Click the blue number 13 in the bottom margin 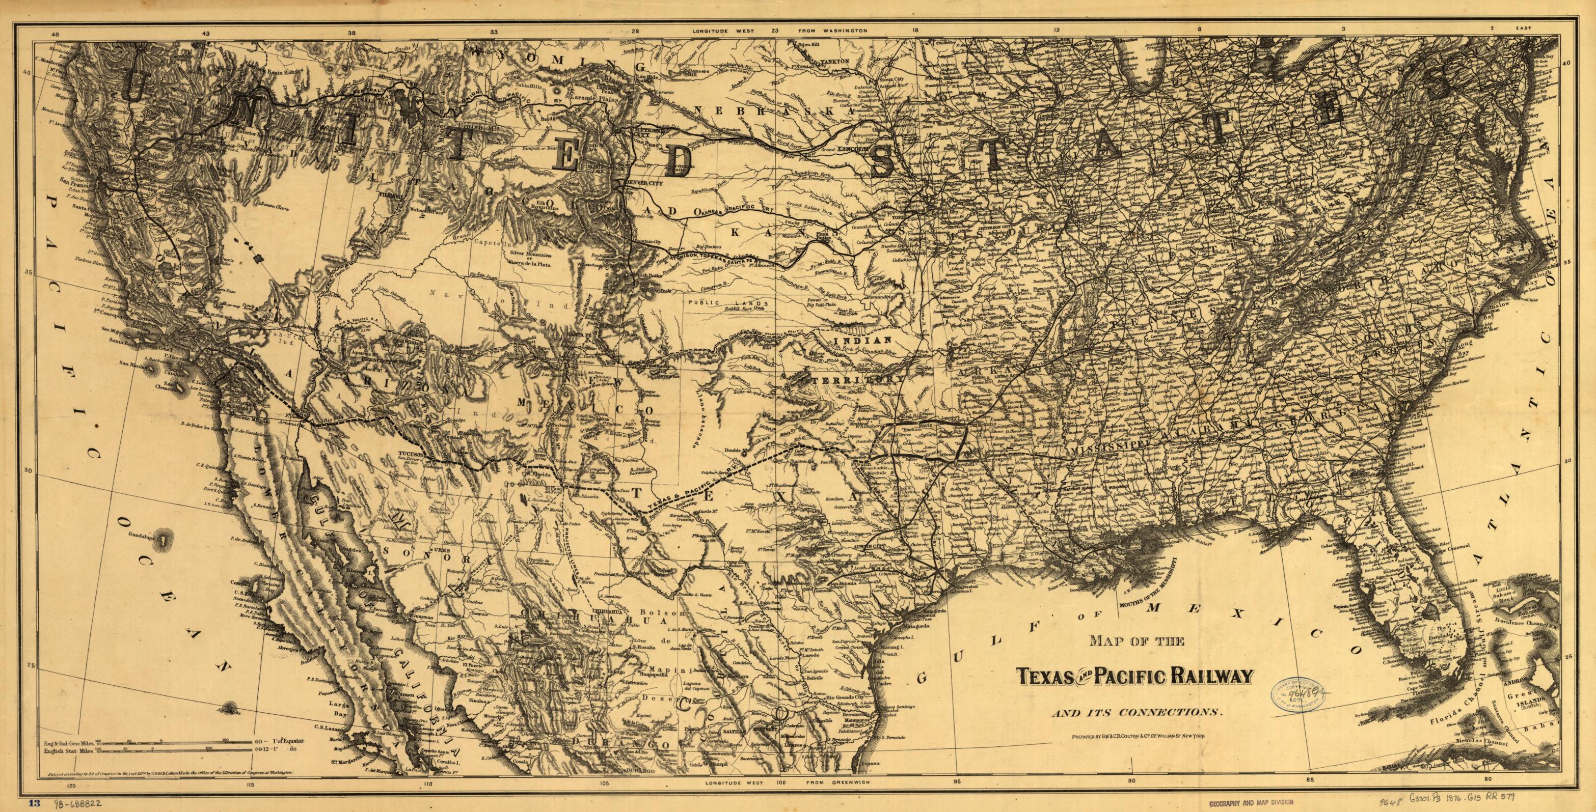point(34,803)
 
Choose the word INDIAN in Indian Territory point(862,341)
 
